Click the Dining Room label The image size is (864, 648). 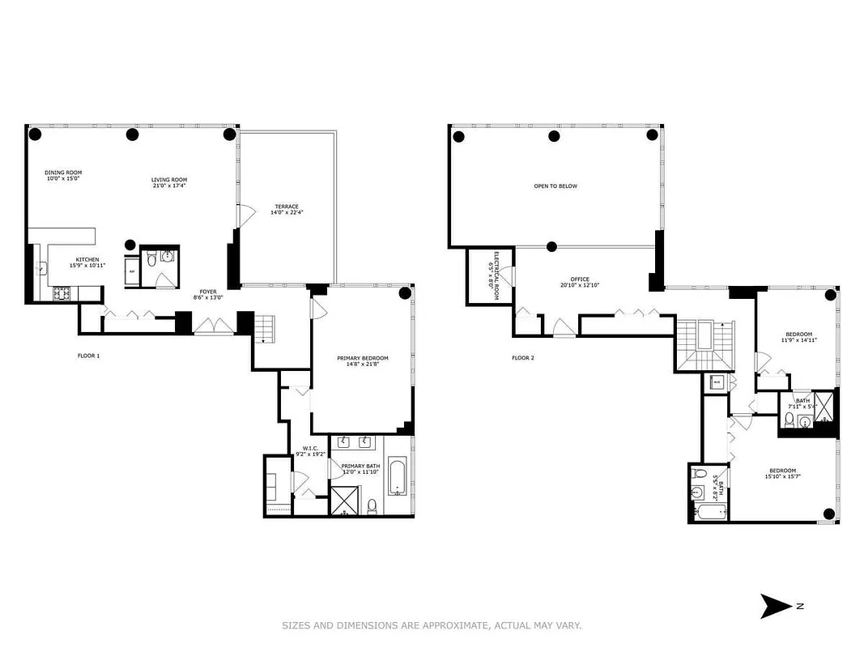pyautogui.click(x=63, y=173)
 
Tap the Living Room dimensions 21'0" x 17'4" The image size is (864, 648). pyautogui.click(x=169, y=186)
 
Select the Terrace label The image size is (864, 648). pyautogui.click(x=287, y=207)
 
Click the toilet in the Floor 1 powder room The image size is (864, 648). pyautogui.click(x=151, y=259)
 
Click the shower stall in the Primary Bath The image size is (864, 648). pyautogui.click(x=346, y=500)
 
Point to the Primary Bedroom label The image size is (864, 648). pyautogui.click(x=363, y=358)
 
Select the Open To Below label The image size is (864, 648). pyautogui.click(x=555, y=186)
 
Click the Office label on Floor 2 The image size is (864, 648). pyautogui.click(x=579, y=279)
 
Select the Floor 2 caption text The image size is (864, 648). pyautogui.click(x=523, y=357)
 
